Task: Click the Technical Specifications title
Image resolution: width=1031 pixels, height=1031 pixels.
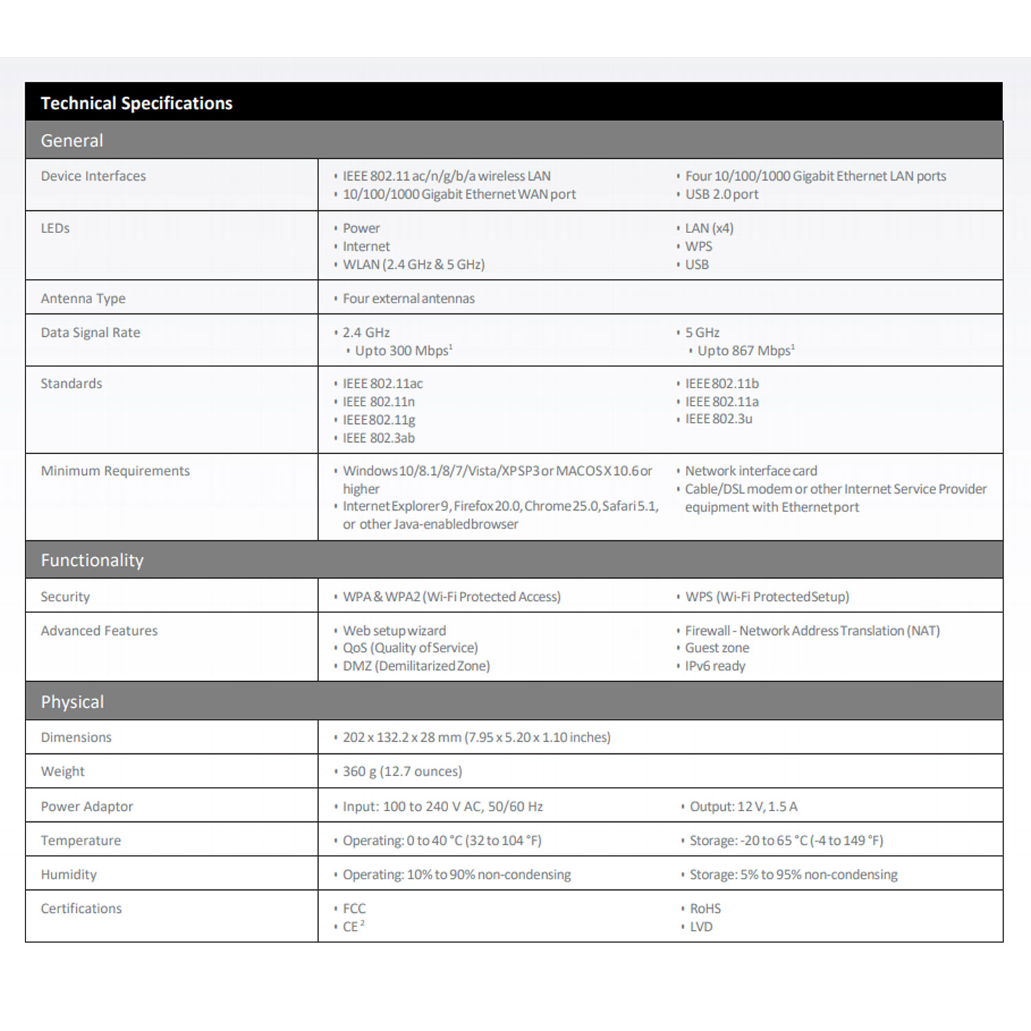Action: (x=137, y=103)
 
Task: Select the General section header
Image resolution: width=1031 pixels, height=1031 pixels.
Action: (x=72, y=140)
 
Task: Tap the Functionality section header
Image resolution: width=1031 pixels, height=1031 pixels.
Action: (x=92, y=560)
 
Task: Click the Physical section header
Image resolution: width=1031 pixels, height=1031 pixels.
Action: (x=72, y=702)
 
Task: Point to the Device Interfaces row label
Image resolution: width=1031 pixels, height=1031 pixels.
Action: (x=93, y=176)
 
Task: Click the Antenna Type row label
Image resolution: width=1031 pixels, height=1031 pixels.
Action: (x=83, y=298)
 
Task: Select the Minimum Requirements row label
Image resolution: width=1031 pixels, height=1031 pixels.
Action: (x=115, y=471)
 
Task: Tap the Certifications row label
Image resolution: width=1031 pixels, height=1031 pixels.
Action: (x=81, y=909)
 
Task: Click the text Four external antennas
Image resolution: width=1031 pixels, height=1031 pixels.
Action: (x=408, y=298)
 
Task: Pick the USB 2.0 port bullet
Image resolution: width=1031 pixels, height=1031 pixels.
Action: (x=722, y=195)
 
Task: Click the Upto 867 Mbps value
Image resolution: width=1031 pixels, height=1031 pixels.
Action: (x=746, y=351)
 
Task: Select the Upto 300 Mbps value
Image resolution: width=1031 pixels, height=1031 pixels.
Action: (x=403, y=351)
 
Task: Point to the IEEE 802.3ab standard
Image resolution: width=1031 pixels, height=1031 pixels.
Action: (x=379, y=438)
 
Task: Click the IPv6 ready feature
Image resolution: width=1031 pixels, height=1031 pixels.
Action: (x=715, y=666)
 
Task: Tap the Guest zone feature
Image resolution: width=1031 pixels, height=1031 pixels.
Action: (x=717, y=648)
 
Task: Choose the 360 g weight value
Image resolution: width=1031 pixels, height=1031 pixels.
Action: (x=402, y=771)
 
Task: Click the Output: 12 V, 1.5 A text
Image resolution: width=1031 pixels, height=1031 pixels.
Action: (x=743, y=806)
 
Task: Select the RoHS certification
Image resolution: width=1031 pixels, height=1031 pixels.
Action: (x=705, y=909)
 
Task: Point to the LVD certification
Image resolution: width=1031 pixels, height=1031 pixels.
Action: (x=701, y=927)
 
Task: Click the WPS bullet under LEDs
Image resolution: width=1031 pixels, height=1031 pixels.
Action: (x=698, y=246)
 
